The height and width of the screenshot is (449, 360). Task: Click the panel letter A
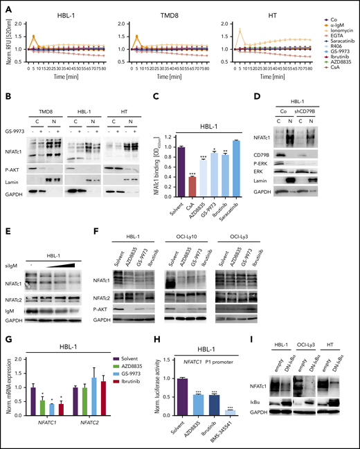pos(5,5)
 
